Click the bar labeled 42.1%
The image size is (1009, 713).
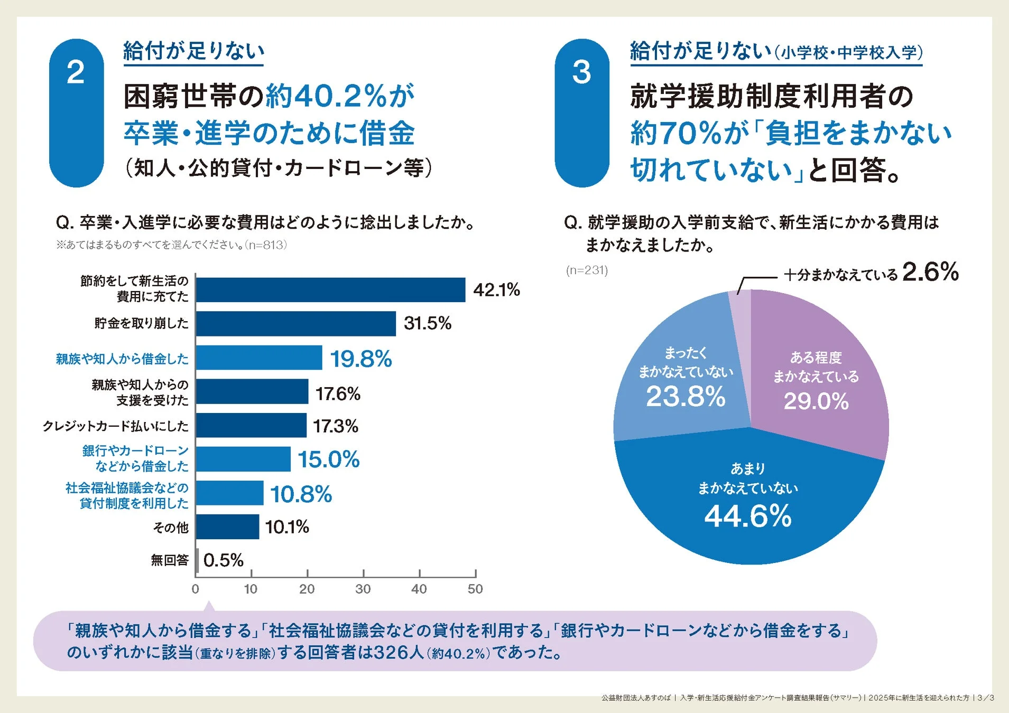click(x=330, y=290)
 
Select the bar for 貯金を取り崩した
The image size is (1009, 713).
click(x=295, y=324)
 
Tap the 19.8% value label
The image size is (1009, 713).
click(x=361, y=359)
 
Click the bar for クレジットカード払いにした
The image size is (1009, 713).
click(x=251, y=426)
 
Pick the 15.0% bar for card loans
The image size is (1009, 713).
click(x=243, y=459)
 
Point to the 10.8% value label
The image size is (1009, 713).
click(x=301, y=494)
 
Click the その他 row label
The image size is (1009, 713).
click(x=170, y=528)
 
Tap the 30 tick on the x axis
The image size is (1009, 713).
click(x=363, y=589)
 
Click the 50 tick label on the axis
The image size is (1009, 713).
click(x=475, y=589)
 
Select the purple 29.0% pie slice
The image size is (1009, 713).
click(x=817, y=380)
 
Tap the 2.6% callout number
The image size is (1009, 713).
click(x=930, y=273)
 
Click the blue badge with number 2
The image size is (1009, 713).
click(x=76, y=112)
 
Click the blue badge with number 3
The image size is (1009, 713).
click(x=581, y=112)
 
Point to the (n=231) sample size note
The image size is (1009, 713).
click(x=587, y=270)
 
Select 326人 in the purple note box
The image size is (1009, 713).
click(x=399, y=653)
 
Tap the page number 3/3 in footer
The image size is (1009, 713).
click(x=986, y=698)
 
